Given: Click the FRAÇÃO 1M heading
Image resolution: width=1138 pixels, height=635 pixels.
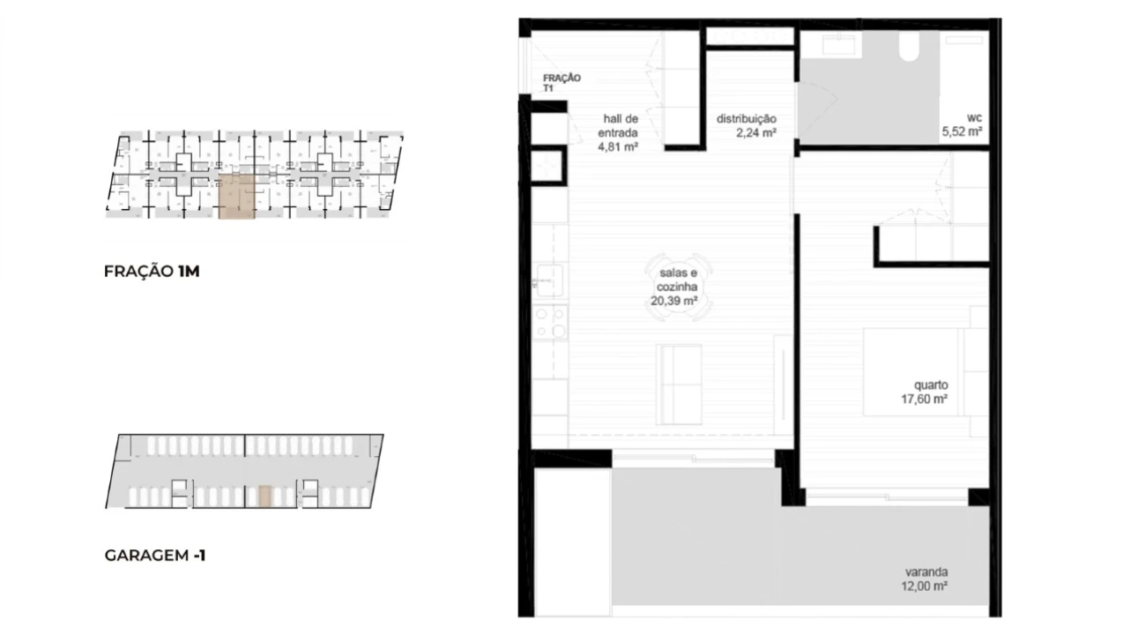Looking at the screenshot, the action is point(152,272).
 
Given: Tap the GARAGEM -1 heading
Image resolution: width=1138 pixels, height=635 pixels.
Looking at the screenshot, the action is point(155,555).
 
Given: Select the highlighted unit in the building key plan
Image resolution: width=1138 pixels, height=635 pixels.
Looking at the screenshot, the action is point(237,197).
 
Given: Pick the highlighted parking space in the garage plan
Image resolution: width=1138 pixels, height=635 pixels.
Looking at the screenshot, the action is point(264,497).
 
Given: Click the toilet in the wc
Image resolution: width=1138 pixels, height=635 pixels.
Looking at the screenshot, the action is point(909,46).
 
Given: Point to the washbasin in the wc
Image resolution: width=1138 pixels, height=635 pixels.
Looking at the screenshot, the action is point(842,44).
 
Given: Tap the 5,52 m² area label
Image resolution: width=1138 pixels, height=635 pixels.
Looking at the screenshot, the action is point(962,131).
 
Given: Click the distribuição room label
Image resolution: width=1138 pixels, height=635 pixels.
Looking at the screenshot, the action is point(747,119).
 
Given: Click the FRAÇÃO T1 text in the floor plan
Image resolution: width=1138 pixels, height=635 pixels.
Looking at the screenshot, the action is point(562,83).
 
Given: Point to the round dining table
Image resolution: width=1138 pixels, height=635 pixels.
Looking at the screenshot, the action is point(678,288).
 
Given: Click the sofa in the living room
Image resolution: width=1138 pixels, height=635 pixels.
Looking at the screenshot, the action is point(678,385).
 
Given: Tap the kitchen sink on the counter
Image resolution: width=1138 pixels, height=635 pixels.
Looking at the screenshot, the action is point(549,280).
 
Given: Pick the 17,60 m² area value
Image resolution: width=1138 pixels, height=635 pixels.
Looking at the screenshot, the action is point(924,400).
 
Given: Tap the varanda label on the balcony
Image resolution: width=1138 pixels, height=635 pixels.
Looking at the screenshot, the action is point(926,572).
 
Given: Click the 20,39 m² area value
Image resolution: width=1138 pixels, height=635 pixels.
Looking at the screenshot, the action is point(673,301).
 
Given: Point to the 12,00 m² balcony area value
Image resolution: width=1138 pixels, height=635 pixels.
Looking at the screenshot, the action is point(924,586).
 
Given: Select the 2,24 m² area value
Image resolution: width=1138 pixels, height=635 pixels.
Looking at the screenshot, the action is point(756,133).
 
